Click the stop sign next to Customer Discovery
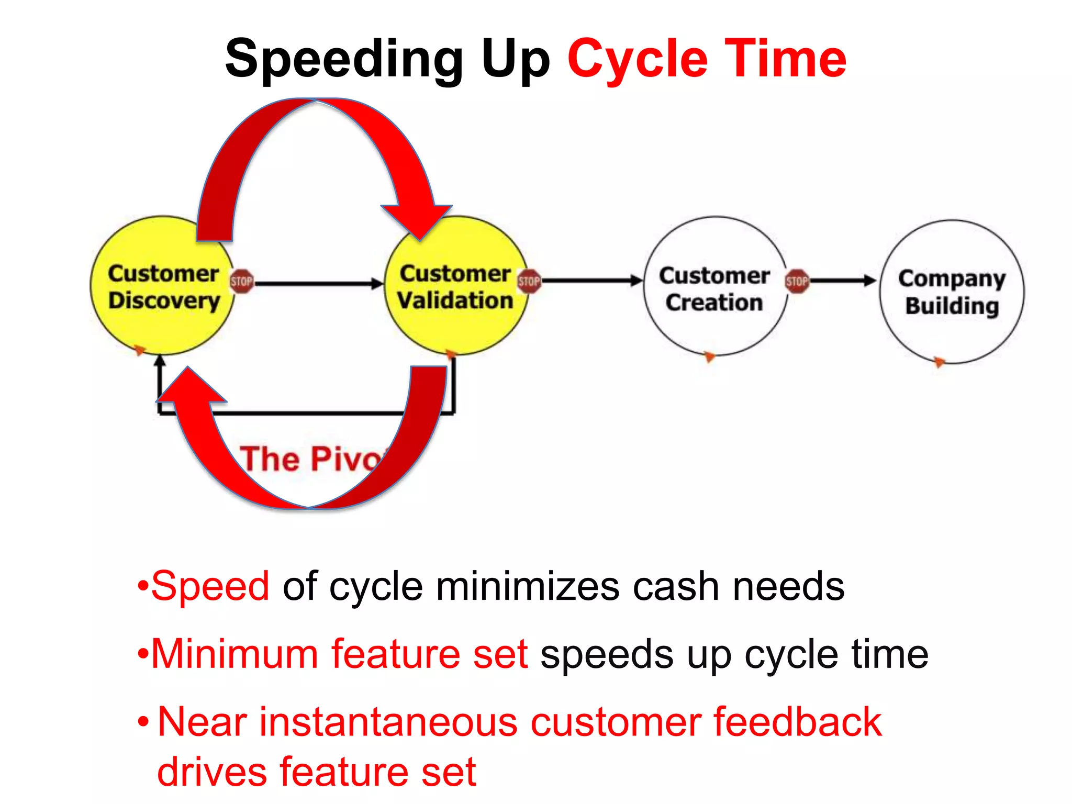click(241, 282)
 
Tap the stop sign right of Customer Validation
click(529, 282)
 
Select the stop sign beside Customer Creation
click(797, 282)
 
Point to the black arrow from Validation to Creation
click(591, 281)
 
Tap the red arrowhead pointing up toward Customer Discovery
click(192, 387)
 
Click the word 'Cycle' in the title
click(636, 59)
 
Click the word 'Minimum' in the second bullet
click(234, 654)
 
